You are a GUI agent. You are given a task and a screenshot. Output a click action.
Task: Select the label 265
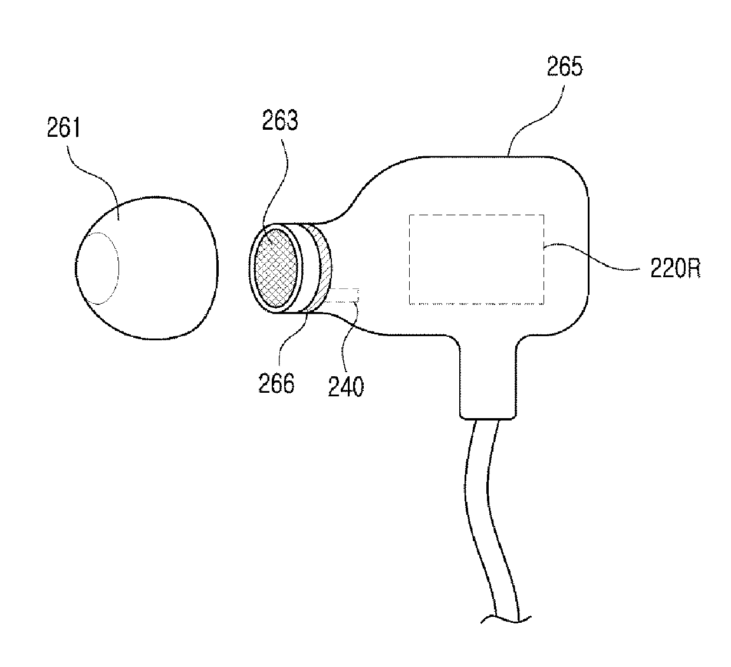pos(564,67)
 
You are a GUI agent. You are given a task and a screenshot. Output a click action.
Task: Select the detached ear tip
pos(147,271)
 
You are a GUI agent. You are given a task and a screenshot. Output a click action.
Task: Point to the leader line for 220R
pos(595,259)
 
